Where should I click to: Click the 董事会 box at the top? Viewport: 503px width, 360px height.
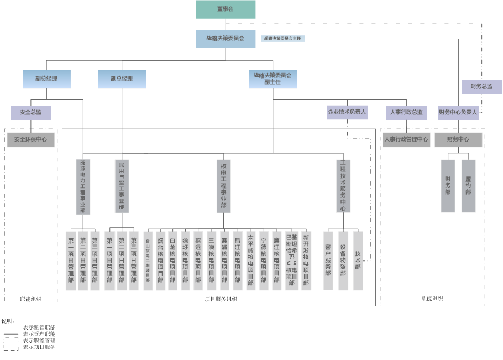point(226,9)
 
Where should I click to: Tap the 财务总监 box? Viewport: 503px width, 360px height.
point(481,86)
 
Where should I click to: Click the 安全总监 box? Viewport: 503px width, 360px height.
point(31,113)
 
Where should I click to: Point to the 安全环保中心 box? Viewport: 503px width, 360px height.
point(30,139)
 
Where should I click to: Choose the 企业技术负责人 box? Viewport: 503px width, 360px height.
point(347,112)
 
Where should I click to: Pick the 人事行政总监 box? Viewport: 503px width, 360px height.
point(406,112)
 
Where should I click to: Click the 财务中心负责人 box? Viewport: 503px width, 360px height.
point(458,112)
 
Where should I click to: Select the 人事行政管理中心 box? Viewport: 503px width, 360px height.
point(406,139)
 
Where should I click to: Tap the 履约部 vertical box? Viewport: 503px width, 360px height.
point(468,186)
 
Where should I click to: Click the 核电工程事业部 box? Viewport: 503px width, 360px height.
point(223,186)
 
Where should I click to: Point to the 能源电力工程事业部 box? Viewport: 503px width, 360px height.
point(83,186)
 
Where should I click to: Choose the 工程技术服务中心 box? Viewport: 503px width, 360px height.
point(343,186)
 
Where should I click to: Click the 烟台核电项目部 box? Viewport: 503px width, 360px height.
point(160,260)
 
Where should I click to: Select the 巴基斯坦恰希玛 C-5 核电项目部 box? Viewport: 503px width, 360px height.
point(291,260)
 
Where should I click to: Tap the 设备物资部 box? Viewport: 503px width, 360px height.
point(343,260)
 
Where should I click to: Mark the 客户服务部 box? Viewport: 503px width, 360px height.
point(328,260)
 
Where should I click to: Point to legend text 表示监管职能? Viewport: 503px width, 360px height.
point(39,327)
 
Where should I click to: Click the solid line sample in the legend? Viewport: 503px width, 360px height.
point(11,334)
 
